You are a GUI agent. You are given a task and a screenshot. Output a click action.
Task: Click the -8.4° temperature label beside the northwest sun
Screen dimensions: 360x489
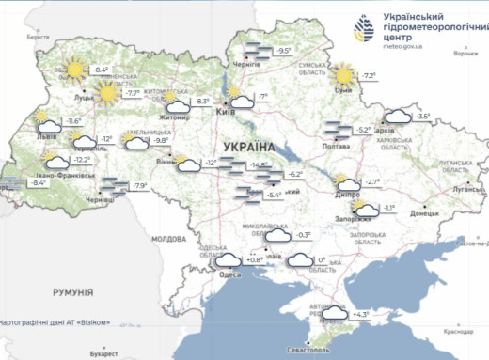click(102, 70)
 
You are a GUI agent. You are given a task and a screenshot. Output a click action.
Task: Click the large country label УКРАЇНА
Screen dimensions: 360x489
click(249, 148)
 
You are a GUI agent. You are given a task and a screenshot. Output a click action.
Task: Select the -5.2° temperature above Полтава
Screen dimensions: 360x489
click(363, 130)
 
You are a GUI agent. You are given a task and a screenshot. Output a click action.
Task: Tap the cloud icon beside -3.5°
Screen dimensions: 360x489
click(397, 117)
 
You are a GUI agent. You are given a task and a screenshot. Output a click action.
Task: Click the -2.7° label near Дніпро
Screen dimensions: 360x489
click(372, 181)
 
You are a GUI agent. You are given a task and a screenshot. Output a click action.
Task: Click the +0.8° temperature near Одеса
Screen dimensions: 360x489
click(255, 259)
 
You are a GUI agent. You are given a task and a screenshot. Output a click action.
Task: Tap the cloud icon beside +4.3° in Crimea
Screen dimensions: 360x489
click(335, 315)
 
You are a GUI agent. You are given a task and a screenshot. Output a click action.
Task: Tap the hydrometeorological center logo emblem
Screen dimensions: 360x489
click(365, 29)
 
